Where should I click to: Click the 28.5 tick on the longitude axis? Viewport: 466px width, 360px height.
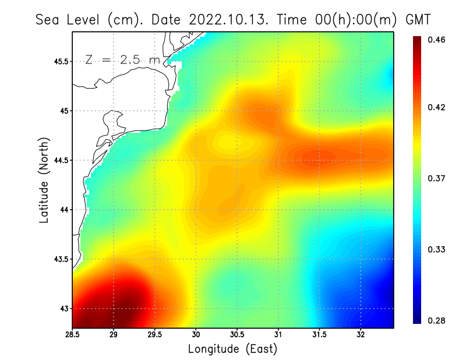(x=72, y=335)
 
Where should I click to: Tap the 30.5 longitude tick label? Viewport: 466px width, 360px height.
(x=237, y=335)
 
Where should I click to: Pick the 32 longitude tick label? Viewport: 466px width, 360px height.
(x=361, y=335)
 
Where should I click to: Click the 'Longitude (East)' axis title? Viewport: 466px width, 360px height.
(x=232, y=349)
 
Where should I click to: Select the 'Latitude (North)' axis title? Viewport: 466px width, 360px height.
(x=44, y=179)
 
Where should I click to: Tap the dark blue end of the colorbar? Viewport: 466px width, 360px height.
(x=417, y=318)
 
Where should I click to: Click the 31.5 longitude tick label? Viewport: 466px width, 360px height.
(x=319, y=335)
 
